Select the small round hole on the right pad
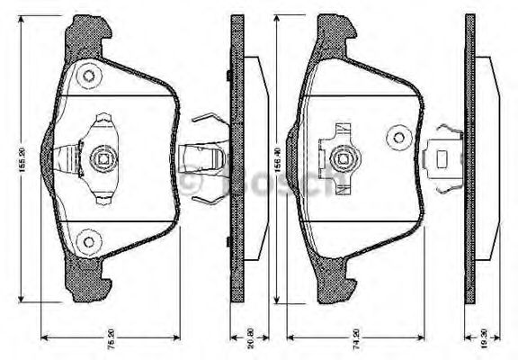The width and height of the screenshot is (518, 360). pyautogui.click(x=398, y=139)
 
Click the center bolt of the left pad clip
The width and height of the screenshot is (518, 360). pyautogui.click(x=101, y=162)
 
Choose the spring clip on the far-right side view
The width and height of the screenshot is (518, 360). pyautogui.click(x=442, y=159)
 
